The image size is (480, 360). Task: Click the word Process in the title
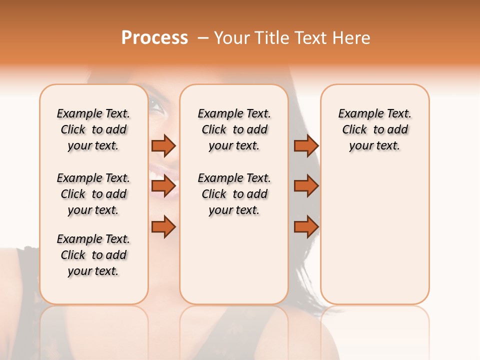154,38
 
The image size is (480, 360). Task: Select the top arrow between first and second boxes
163,145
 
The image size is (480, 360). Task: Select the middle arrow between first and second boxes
163,186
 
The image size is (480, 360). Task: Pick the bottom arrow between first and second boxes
163,227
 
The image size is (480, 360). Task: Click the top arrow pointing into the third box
306,145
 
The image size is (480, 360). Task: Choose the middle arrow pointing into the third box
306,186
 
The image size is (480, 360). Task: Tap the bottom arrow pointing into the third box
306,227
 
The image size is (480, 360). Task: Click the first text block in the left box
93,129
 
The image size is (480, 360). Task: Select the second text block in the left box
93,194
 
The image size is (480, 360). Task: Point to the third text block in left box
93,255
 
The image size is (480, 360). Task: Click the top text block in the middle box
234,129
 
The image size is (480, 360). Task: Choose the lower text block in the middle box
234,194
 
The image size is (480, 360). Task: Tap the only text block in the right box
374,129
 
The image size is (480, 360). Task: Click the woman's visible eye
156,106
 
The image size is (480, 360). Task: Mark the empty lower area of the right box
374,235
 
